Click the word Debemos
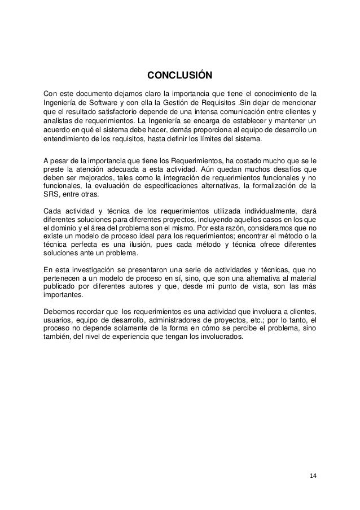click(x=59, y=311)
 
